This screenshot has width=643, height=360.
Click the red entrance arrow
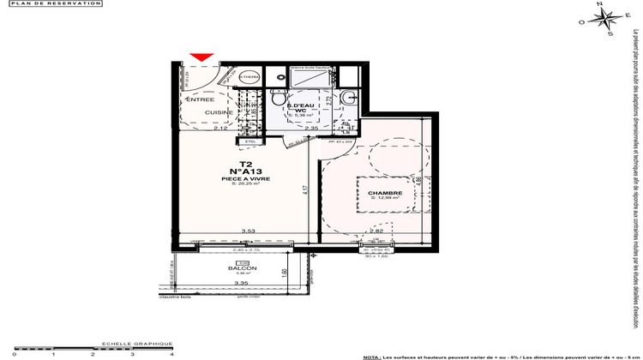201,57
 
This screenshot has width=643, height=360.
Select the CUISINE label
219,112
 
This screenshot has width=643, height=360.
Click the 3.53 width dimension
249,231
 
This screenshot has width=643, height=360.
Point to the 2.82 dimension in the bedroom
375,231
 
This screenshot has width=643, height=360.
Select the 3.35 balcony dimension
243,282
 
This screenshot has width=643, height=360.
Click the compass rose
604,22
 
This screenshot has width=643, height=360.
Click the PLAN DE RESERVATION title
51,4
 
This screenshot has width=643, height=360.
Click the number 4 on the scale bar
171,353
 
